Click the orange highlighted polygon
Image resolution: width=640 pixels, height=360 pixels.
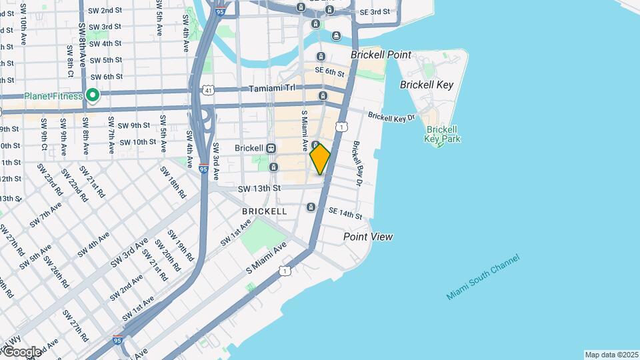320,159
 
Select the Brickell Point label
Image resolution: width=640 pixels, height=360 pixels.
381,55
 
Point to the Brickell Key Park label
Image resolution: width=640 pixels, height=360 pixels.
441,134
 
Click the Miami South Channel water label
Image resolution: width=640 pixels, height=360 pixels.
483,277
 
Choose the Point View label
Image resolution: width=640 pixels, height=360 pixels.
367,237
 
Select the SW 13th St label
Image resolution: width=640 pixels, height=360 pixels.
259,189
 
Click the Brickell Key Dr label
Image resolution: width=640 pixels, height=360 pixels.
391,117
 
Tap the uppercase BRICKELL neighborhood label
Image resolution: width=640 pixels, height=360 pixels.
265,211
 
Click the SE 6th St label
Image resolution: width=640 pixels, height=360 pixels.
329,71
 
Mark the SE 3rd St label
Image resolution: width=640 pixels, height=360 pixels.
374,12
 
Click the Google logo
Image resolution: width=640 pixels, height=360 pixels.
21,351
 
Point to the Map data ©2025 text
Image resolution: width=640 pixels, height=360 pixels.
611,355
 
